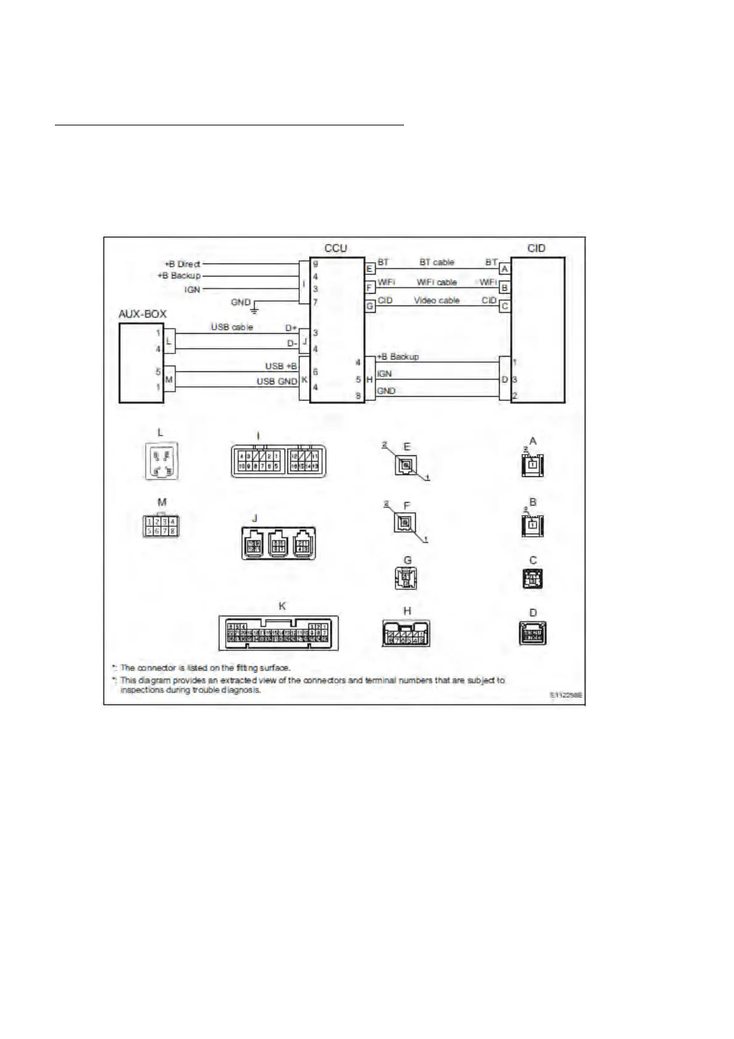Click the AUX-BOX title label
point(142,314)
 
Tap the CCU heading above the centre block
point(336,248)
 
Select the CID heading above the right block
point(536,248)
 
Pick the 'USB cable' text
point(232,326)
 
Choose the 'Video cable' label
point(437,300)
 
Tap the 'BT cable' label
point(437,262)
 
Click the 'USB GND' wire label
point(277,381)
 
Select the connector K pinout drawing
point(279,632)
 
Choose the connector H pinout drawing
point(406,633)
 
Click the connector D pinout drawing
point(534,632)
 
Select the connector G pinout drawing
point(406,577)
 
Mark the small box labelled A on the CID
point(505,269)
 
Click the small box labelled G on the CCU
point(370,305)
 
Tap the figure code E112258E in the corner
point(566,695)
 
